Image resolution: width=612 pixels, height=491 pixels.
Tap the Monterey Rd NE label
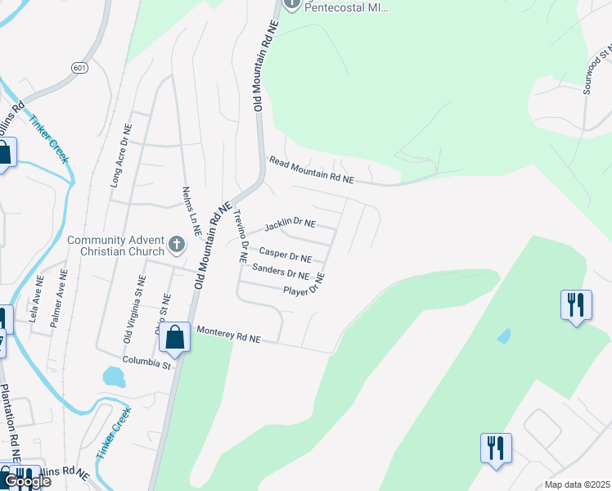(227, 336)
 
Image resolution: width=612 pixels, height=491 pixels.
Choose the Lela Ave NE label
(36, 300)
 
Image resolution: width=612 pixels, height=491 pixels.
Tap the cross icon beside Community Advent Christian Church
(176, 244)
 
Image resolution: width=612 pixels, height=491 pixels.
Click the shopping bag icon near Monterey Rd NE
(174, 336)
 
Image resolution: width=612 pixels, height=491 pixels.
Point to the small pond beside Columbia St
(114, 377)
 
